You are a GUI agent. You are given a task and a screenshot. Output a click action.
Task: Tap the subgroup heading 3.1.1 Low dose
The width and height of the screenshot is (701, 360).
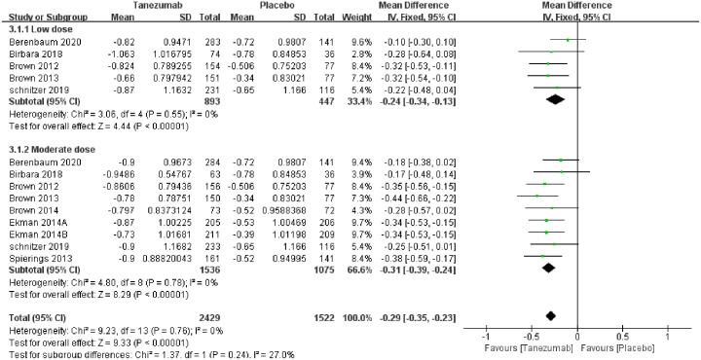(36, 29)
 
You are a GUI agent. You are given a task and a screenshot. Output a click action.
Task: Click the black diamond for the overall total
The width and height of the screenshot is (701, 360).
(551, 315)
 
